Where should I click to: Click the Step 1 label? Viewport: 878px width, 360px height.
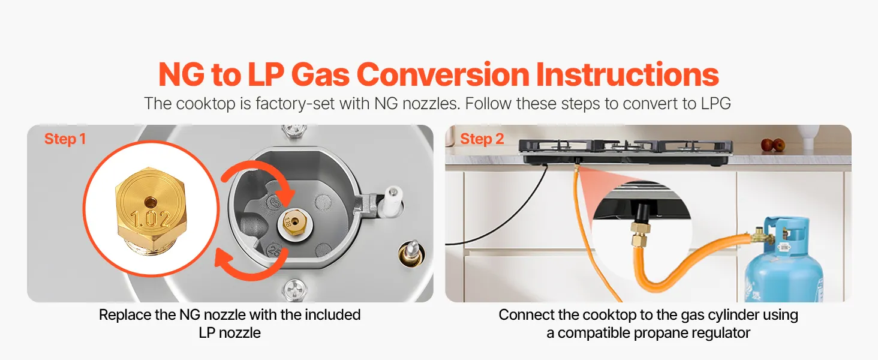(65, 139)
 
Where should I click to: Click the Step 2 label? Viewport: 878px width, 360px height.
(482, 139)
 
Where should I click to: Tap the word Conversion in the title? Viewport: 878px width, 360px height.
(443, 74)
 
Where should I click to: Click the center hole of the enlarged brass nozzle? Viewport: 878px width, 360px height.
(150, 203)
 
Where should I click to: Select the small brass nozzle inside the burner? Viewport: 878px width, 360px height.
(294, 223)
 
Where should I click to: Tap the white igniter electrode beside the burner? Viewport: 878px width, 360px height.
(393, 199)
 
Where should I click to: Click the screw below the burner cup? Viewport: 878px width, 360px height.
(294, 290)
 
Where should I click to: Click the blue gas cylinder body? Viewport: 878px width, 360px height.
(784, 266)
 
